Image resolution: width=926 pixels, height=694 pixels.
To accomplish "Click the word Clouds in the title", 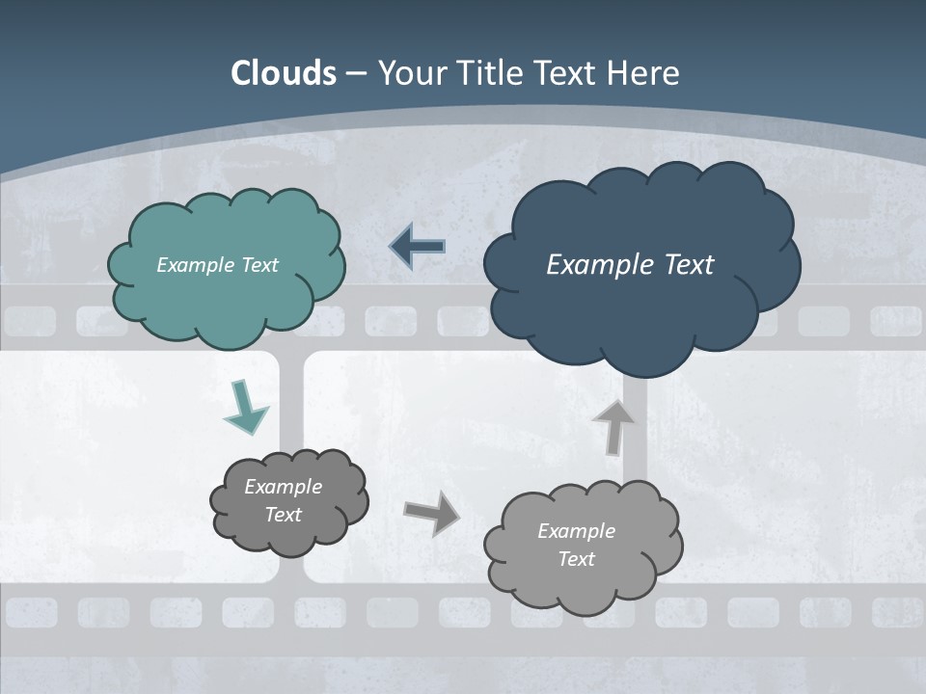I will click(284, 73).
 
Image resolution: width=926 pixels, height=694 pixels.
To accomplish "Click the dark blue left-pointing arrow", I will click(418, 247).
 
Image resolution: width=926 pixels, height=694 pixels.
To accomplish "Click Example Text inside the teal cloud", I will click(217, 265).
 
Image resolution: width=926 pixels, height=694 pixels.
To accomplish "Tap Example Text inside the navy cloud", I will click(630, 265).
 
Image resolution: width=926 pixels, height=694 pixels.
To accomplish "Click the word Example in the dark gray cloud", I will click(283, 487).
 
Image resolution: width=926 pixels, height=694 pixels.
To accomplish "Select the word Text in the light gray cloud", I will click(576, 559).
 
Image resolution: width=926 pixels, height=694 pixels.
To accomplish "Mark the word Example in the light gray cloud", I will click(576, 531).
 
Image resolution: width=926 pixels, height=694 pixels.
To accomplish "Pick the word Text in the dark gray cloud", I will click(283, 515).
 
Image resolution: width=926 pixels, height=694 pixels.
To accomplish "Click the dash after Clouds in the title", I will click(355, 73).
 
